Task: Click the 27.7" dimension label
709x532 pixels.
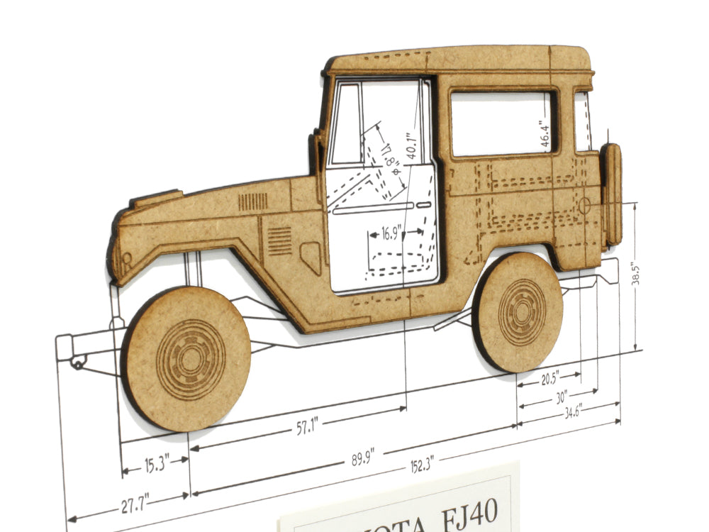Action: [x=130, y=505]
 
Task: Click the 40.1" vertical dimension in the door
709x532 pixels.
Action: [x=409, y=145]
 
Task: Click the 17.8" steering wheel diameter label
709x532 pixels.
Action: [x=387, y=154]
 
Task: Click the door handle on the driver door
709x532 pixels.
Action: [x=423, y=205]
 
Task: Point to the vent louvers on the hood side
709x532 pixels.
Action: [x=252, y=202]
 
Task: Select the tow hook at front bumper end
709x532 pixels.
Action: [x=77, y=363]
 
